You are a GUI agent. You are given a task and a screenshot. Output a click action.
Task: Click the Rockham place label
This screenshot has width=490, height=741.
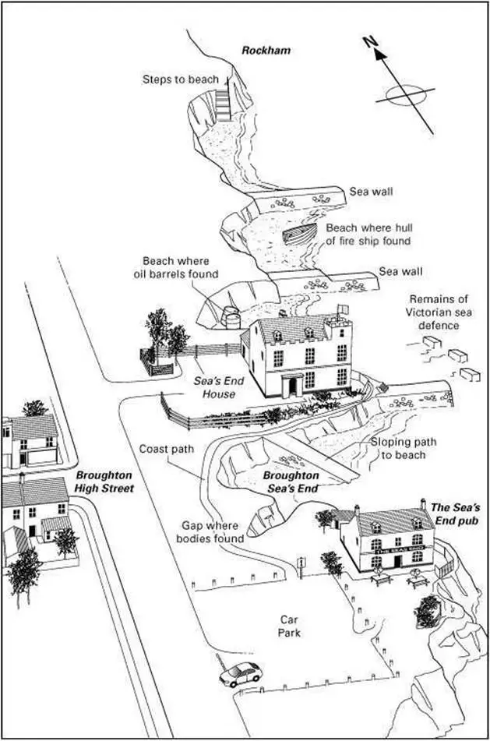(x=266, y=51)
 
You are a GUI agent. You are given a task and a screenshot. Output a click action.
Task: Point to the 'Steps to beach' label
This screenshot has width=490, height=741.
(x=181, y=79)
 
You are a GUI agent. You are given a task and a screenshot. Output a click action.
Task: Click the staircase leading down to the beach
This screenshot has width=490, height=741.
(x=224, y=102)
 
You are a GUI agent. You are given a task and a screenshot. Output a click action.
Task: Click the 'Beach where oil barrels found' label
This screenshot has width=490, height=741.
(x=180, y=267)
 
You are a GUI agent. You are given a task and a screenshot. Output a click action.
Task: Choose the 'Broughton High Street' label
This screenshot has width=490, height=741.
(x=105, y=481)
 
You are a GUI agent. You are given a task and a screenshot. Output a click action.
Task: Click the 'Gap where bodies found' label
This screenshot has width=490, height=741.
(x=213, y=532)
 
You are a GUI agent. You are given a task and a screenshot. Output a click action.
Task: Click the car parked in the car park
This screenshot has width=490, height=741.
(x=240, y=673)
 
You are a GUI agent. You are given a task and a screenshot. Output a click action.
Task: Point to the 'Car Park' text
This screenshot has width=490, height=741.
(x=291, y=626)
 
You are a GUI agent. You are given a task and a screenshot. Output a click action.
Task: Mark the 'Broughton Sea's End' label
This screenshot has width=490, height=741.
(x=291, y=481)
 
